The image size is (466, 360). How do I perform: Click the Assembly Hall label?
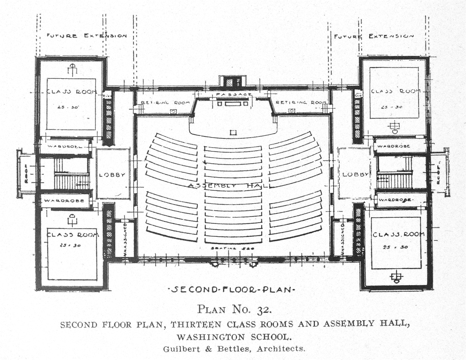229,185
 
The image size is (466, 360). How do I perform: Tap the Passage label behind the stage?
233,94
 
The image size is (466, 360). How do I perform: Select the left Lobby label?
112,175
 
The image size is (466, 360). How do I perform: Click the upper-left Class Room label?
71,92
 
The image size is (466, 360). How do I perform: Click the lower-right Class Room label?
398,234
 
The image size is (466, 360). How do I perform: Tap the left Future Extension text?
87,36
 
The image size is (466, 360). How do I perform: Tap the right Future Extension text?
374,37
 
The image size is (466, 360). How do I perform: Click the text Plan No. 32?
235,310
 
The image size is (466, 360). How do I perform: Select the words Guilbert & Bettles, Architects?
235,348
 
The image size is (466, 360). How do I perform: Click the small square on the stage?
233,132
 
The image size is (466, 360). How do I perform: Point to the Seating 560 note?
233,248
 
